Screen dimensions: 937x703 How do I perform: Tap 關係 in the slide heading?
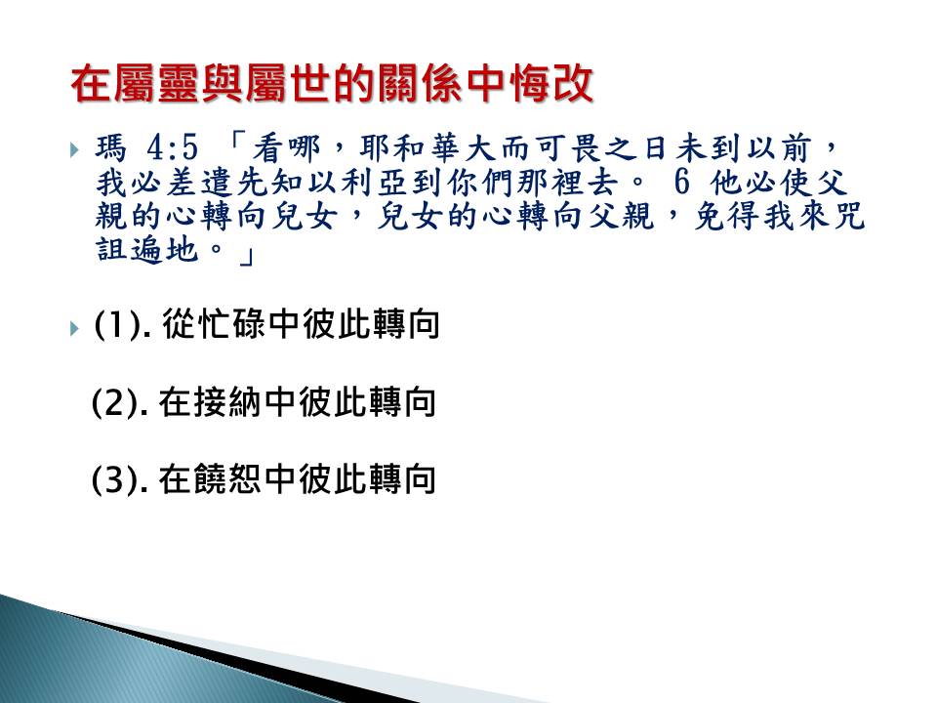(419, 83)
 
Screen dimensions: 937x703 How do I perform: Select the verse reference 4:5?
(172, 147)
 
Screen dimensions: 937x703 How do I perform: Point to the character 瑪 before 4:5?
(111, 147)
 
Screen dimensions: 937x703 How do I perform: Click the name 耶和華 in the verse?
(409, 148)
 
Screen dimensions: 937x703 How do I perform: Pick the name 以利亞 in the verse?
(357, 183)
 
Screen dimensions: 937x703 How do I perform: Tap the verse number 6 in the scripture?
(681, 182)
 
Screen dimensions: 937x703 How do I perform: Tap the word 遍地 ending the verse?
(164, 249)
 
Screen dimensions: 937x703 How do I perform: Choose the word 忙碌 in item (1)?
(231, 324)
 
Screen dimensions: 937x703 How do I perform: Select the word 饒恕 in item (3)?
(227, 479)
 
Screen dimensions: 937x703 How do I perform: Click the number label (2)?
(120, 403)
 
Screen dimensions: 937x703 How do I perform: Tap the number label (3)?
(120, 480)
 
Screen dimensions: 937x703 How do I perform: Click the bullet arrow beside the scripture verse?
(74, 149)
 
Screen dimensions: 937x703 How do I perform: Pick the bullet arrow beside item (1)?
(74, 328)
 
